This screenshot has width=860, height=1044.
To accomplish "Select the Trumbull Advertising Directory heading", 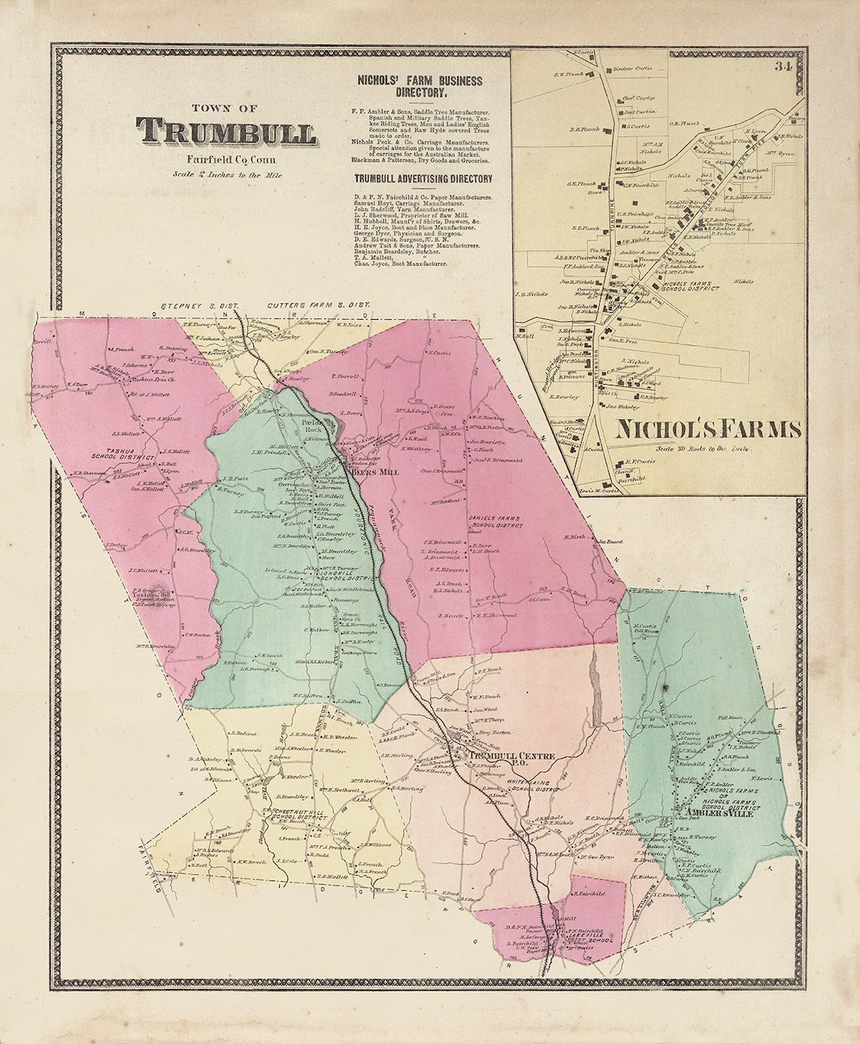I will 423,179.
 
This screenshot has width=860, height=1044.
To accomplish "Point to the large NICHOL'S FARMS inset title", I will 708,429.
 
